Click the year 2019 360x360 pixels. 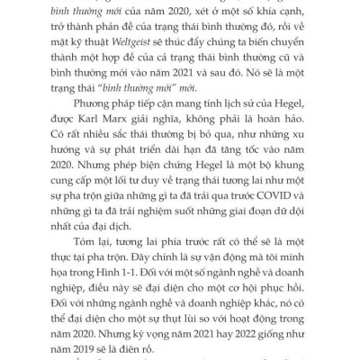[x=111, y=343]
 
